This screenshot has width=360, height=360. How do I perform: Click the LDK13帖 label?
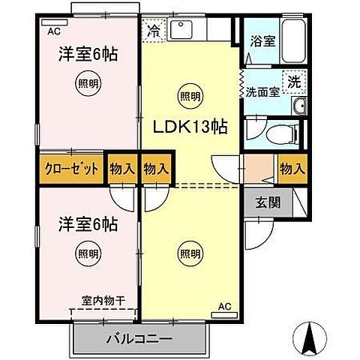coord(191,127)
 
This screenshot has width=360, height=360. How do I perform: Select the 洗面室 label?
coord(262,92)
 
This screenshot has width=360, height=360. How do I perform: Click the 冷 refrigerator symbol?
coord(154,31)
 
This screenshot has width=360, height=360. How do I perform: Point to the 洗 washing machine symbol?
coord(295,79)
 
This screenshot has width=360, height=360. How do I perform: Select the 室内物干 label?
coord(104,300)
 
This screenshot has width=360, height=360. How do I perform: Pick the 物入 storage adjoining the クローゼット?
coord(121,168)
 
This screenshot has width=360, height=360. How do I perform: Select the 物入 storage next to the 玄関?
coord(292,168)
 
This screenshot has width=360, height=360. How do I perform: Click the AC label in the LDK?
coord(223,306)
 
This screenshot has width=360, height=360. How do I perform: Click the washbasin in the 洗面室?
coord(298,106)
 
